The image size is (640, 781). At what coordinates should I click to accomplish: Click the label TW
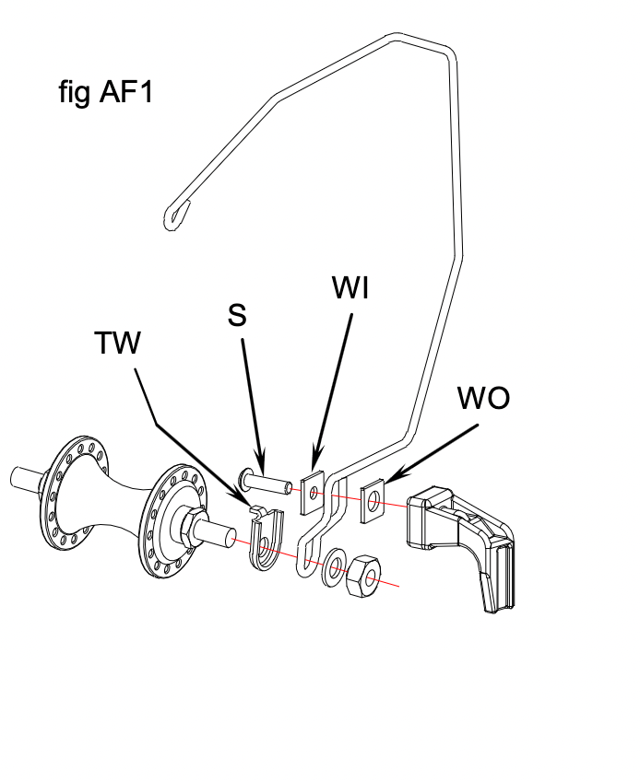[x=117, y=344]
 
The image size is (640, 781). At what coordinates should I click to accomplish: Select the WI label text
[x=350, y=288]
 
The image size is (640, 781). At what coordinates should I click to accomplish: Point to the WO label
[x=483, y=398]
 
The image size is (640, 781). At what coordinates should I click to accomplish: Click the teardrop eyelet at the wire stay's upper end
[x=176, y=214]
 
